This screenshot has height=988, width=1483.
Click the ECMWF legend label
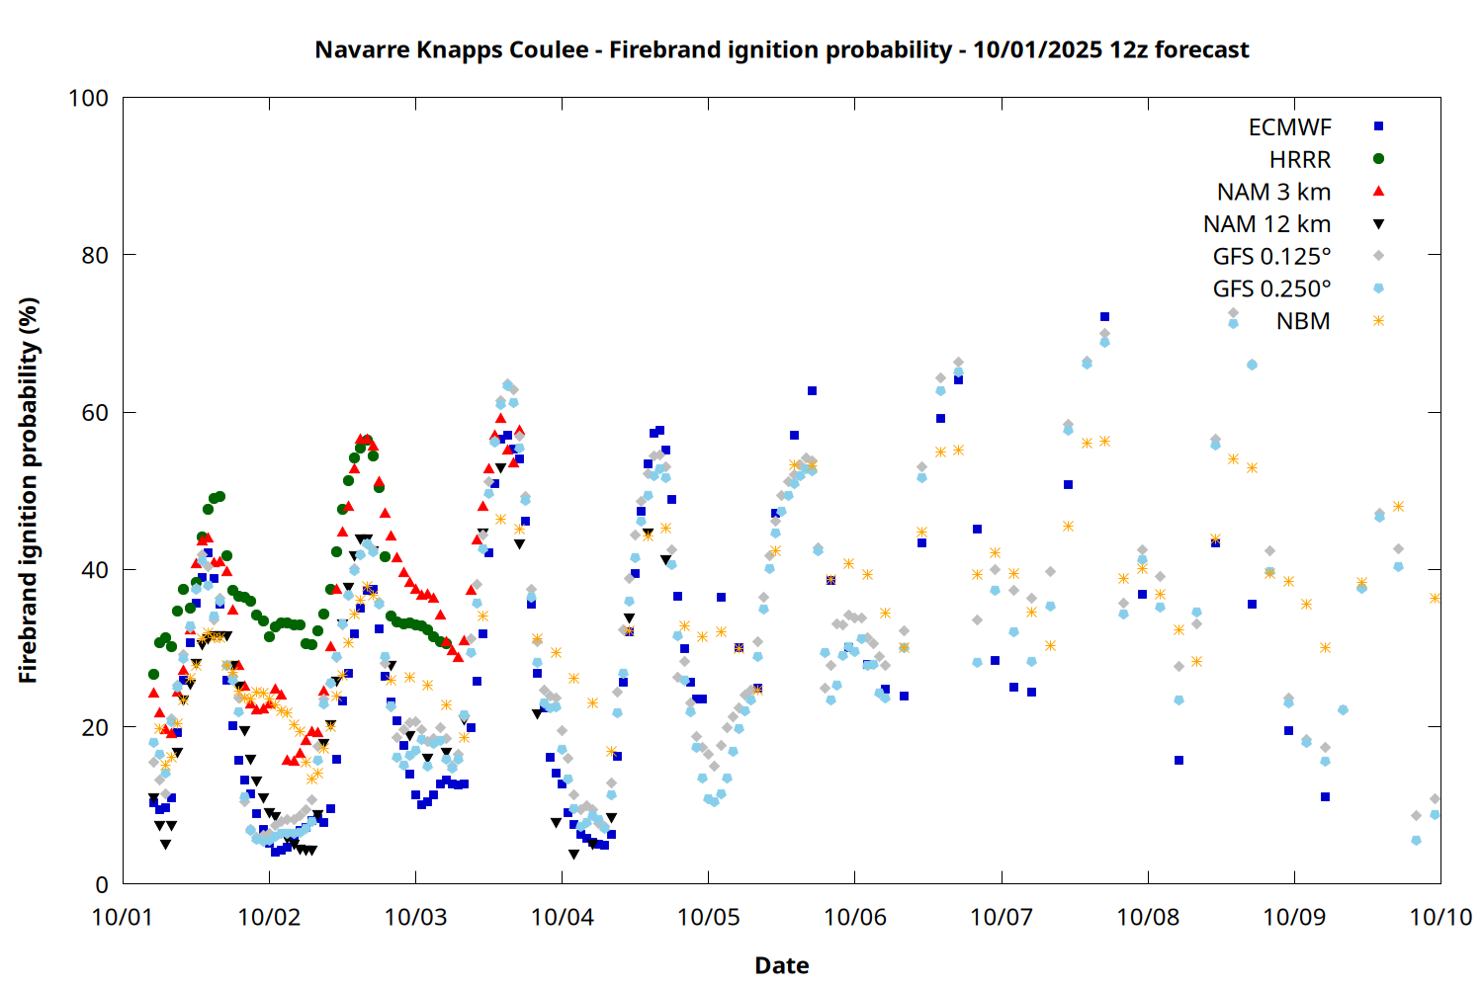point(1289,127)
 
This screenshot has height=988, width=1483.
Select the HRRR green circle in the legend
point(1378,159)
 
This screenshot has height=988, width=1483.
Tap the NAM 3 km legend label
point(1273,192)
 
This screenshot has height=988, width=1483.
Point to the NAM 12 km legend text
point(1266,224)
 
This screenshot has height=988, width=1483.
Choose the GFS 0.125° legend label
point(1271,257)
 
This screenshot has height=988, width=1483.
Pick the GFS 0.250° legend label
point(1271,289)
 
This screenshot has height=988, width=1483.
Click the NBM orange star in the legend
point(1378,320)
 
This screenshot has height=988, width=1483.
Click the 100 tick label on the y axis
point(88,98)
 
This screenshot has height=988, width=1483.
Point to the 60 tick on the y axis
point(95,412)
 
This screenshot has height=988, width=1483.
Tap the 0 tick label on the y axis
point(102,884)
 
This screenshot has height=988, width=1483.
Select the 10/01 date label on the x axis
point(123,917)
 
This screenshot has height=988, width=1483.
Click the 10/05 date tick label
point(709,917)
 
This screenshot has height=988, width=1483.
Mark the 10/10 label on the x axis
point(1440,917)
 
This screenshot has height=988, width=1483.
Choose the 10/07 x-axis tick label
point(1002,917)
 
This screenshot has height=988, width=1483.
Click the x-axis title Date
point(781,965)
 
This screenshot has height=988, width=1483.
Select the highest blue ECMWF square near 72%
point(1104,317)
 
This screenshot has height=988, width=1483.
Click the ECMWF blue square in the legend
point(1378,126)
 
